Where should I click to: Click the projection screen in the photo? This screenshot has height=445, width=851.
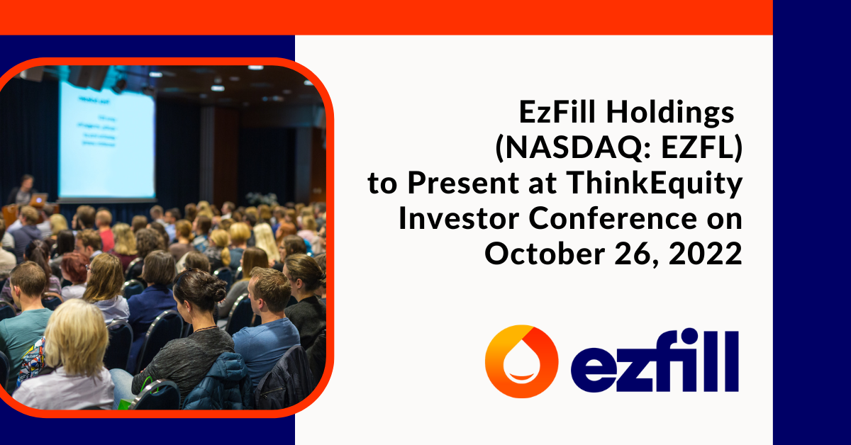tap(106, 140)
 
